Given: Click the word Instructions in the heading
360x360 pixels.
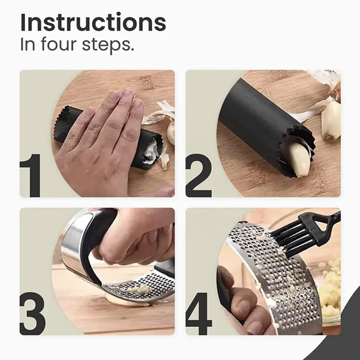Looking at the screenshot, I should point(93,23).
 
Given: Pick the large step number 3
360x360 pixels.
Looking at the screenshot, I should point(32,313).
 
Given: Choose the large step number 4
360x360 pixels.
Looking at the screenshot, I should point(199,313).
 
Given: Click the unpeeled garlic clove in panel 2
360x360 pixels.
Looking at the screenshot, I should point(331,120).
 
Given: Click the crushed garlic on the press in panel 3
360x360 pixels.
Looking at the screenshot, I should point(140,289).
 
